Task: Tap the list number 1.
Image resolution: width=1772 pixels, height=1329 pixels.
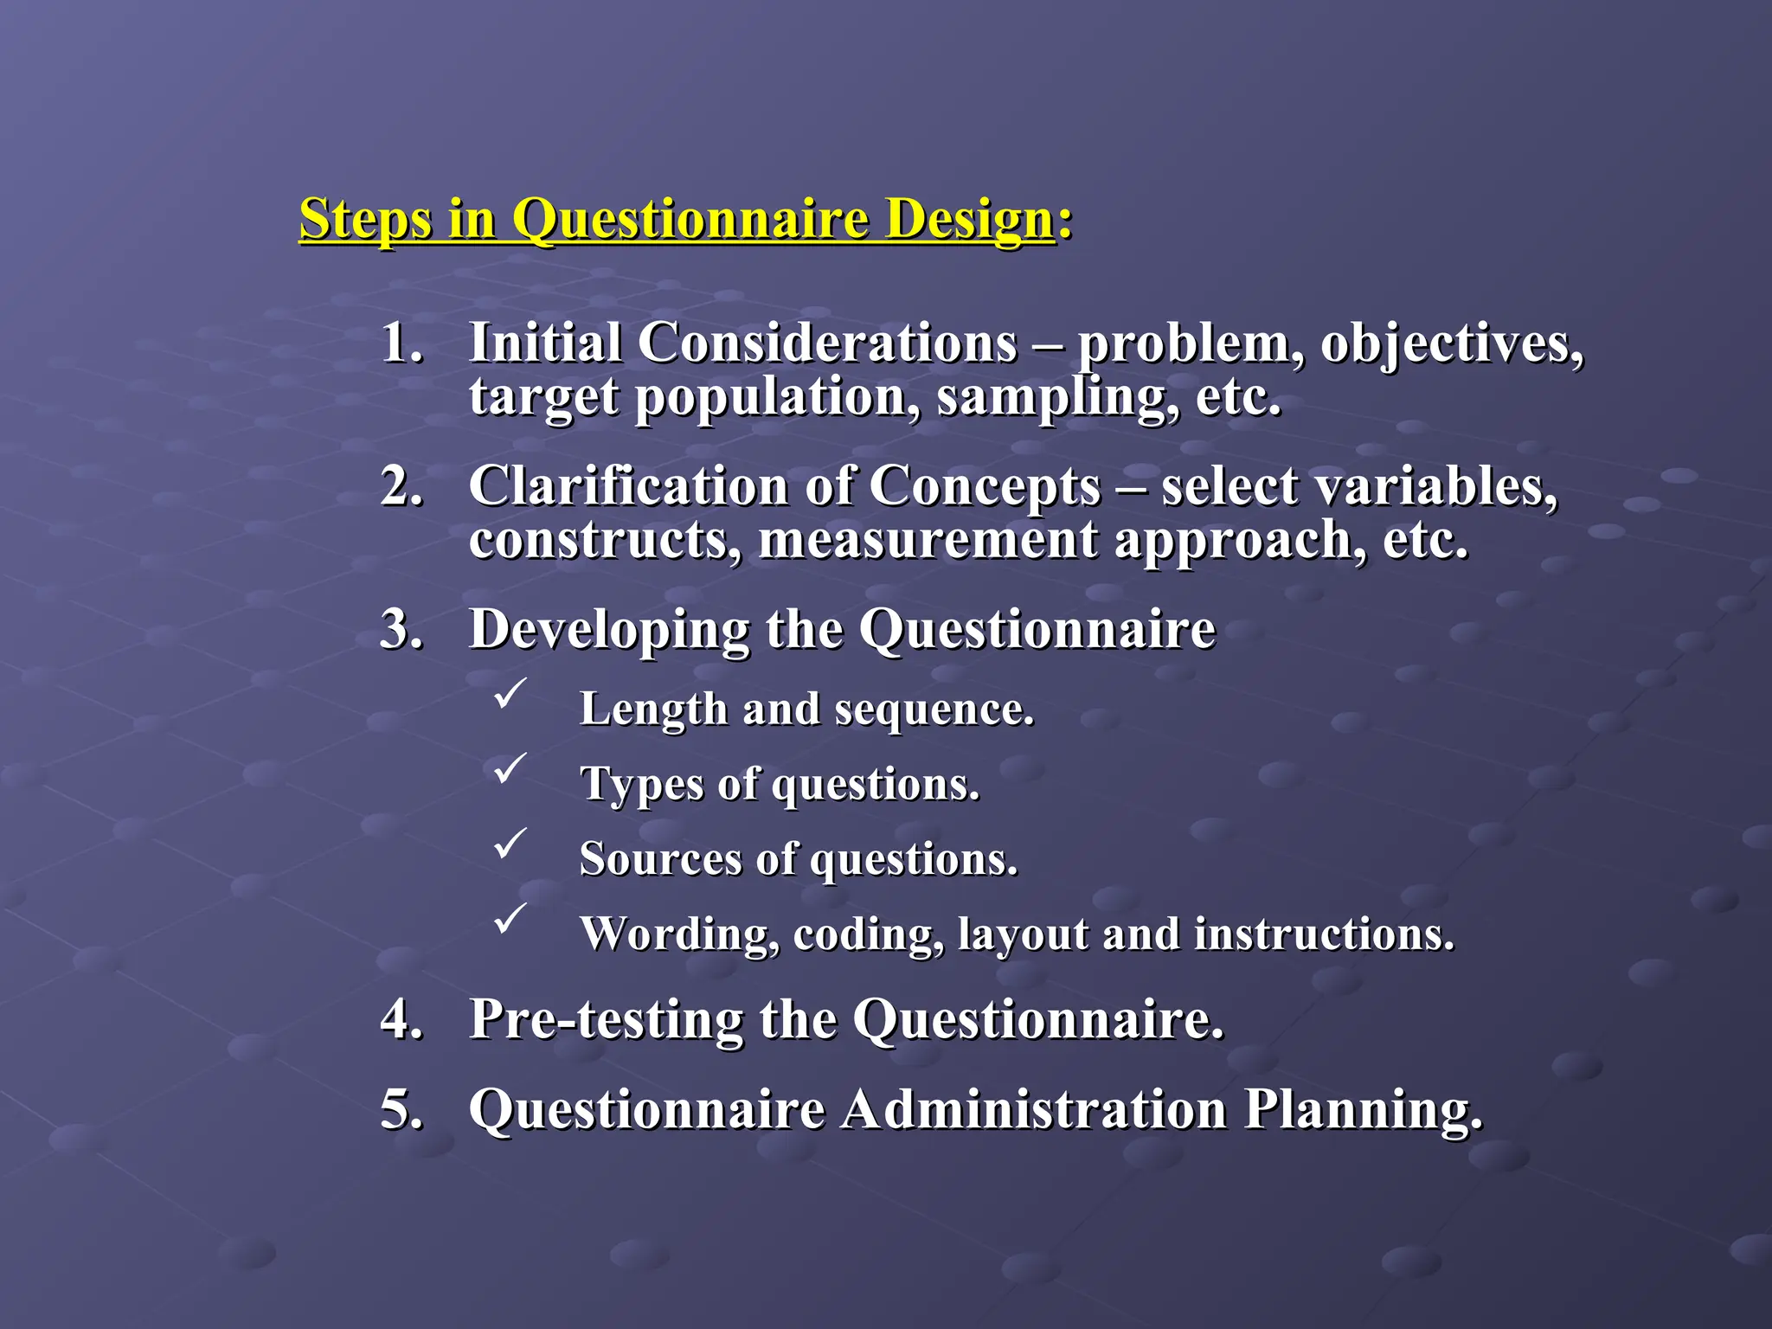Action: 401,343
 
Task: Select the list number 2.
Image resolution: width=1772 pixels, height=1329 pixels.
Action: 401,485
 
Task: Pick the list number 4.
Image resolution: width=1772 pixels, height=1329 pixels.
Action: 401,1018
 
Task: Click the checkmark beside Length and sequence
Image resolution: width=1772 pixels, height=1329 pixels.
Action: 510,695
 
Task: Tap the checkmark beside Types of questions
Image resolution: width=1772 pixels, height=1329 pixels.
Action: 510,769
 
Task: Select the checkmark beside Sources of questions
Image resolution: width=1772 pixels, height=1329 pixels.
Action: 510,844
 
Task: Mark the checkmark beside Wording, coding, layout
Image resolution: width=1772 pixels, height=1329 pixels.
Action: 510,919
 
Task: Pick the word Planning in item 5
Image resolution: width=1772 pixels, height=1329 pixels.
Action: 1363,1110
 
